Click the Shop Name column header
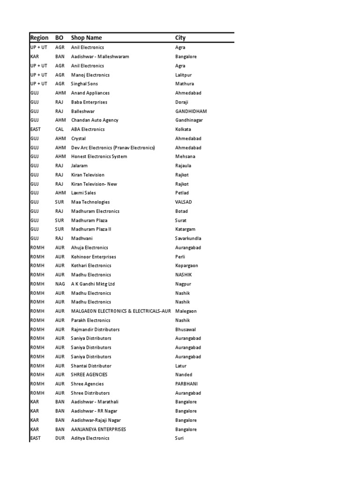click(x=86, y=37)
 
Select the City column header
click(x=180, y=37)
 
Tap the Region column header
click(x=39, y=37)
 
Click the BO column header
click(x=60, y=37)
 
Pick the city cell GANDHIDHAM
click(x=191, y=111)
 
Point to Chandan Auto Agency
click(x=95, y=120)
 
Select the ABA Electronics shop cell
click(x=88, y=129)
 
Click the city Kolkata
click(x=183, y=129)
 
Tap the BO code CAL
click(x=60, y=129)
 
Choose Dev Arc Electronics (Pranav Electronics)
click(x=112, y=148)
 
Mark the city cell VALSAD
click(x=183, y=202)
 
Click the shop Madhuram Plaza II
click(x=91, y=229)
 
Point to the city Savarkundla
click(x=188, y=239)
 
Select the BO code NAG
click(x=60, y=284)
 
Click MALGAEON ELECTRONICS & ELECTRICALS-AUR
click(x=120, y=311)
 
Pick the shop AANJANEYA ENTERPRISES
click(x=98, y=429)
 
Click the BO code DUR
click(x=60, y=438)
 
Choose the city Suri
click(x=180, y=438)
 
